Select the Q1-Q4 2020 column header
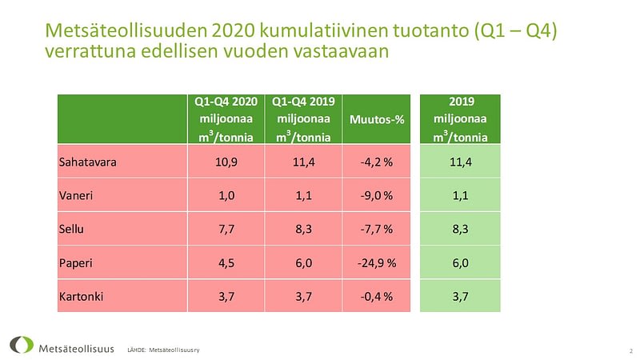pos(225,118)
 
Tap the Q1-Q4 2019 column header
pos(302,118)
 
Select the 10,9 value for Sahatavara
pos(225,162)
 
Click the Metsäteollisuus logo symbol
pos(22,345)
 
